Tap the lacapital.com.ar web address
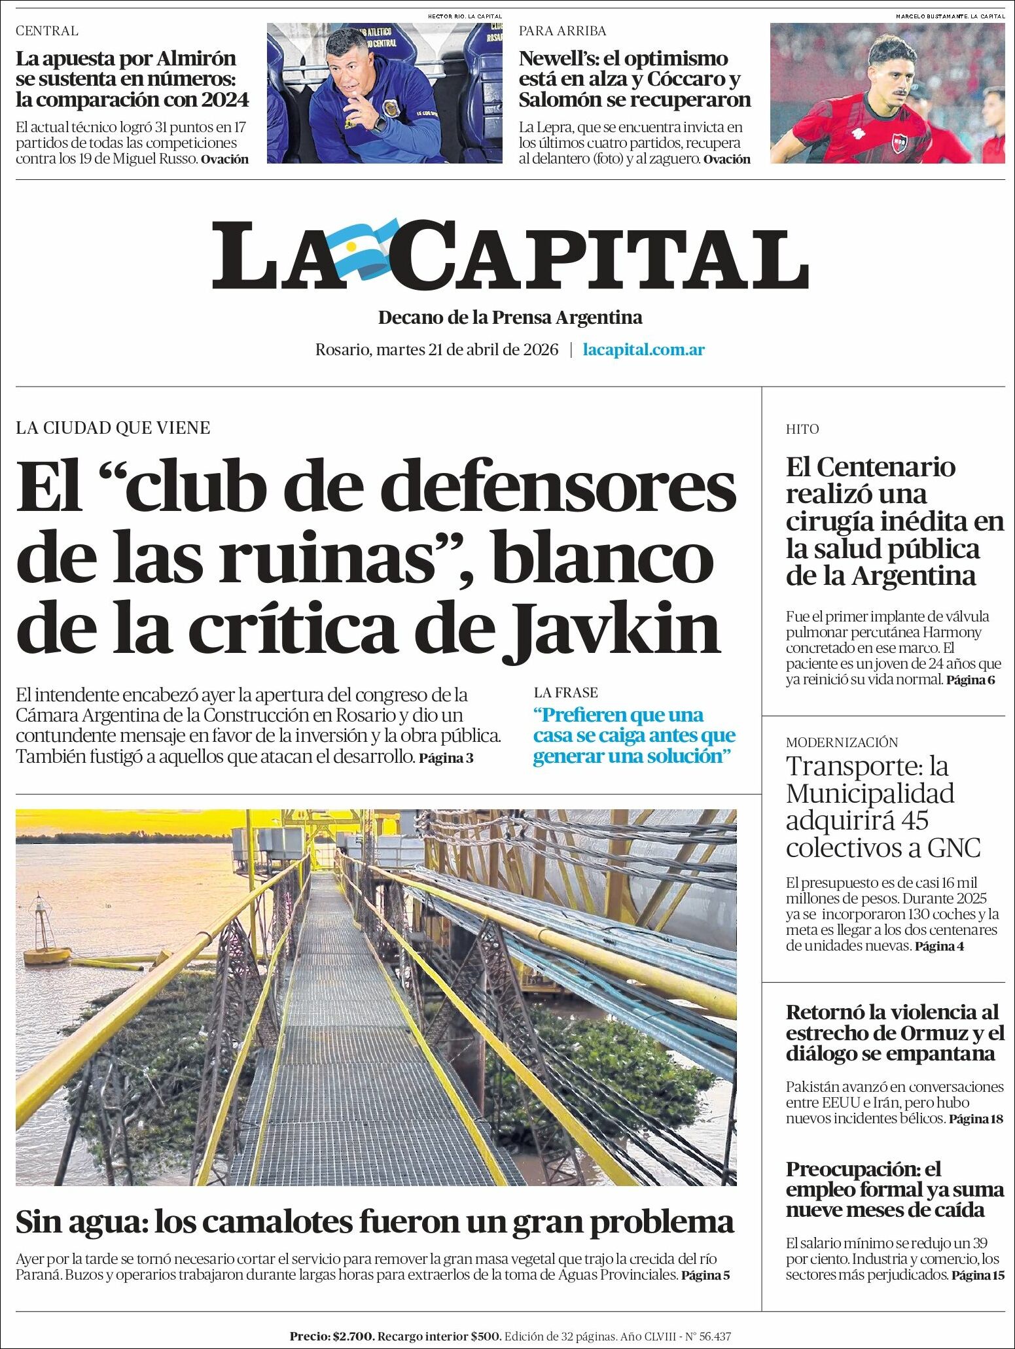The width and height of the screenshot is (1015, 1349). [x=643, y=349]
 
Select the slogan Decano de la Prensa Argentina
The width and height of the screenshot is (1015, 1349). [x=510, y=318]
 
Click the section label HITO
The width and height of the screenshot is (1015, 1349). [x=802, y=429]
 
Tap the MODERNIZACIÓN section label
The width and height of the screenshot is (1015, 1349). [x=842, y=742]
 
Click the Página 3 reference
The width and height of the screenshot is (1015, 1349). [x=446, y=758]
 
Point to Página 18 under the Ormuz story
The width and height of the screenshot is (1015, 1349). [x=975, y=1119]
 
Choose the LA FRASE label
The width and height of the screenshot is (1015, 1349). [x=565, y=692]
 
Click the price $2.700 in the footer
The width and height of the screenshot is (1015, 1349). [x=354, y=1336]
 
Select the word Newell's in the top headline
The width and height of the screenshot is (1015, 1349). [x=557, y=59]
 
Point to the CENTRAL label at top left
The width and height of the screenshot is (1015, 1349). [x=46, y=31]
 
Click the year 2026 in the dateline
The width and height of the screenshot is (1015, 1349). [x=540, y=349]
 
